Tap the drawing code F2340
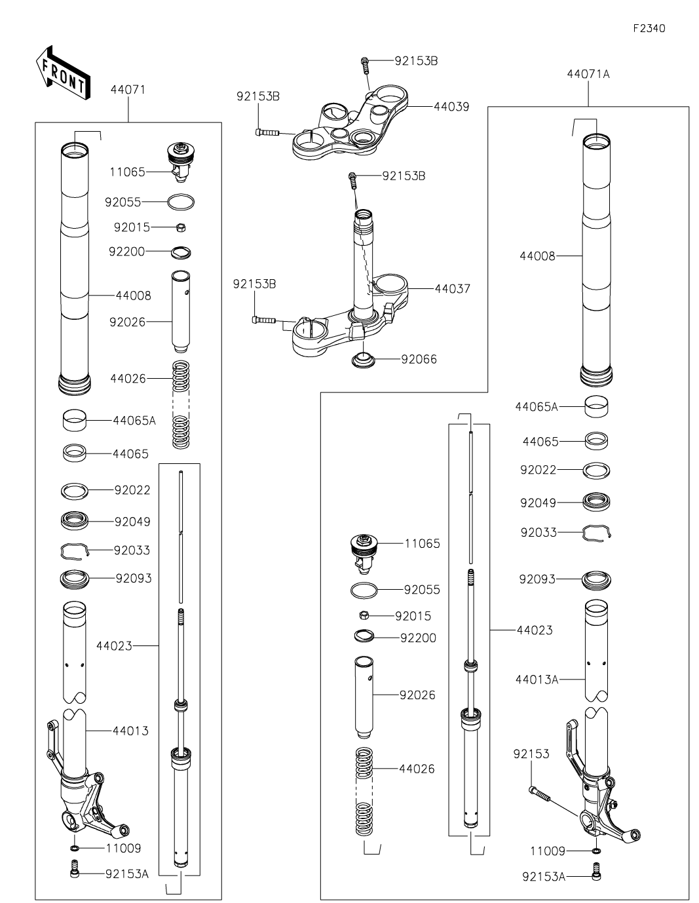(649, 29)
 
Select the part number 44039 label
(451, 106)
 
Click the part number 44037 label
(452, 288)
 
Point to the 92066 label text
(419, 359)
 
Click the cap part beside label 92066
(362, 360)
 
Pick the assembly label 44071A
(588, 74)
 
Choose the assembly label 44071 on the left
(128, 89)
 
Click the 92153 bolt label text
(531, 754)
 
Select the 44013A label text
(537, 680)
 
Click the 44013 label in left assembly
(130, 731)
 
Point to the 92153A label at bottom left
(127, 874)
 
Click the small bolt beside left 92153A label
(74, 870)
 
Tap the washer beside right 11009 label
(596, 851)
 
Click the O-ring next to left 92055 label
(181, 202)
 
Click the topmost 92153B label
(416, 61)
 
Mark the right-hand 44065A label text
(537, 407)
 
